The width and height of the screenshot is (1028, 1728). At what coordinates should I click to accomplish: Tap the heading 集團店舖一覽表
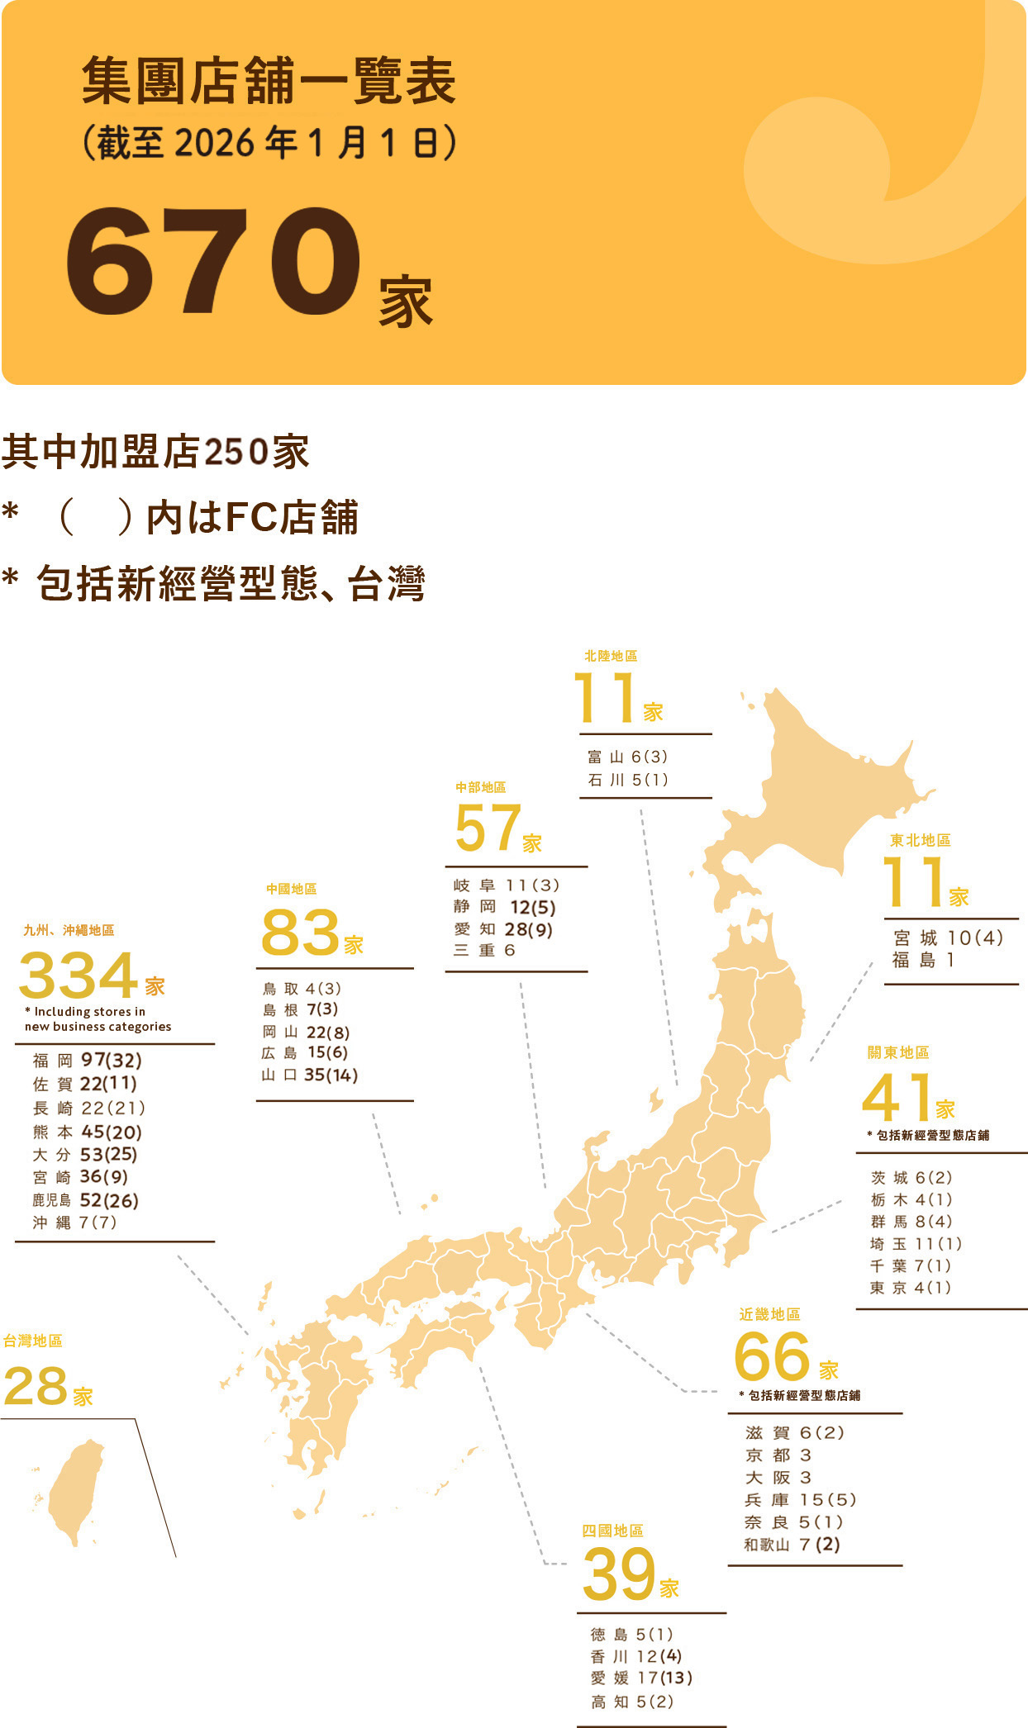click(x=269, y=82)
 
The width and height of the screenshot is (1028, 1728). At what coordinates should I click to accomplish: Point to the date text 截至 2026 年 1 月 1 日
click(x=269, y=143)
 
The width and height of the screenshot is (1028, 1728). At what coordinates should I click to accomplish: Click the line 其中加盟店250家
click(x=155, y=452)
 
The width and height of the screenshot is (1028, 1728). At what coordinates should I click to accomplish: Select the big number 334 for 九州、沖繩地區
click(x=78, y=976)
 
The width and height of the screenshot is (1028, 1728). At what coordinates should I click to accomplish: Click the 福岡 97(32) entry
click(x=87, y=1060)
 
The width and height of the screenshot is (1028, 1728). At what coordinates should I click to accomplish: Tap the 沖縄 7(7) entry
click(x=74, y=1222)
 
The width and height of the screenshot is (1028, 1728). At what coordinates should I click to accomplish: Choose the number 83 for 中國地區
click(x=300, y=933)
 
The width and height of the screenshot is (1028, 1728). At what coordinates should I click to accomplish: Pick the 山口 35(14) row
click(x=309, y=1075)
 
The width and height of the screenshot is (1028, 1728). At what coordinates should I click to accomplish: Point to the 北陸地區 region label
click(x=610, y=656)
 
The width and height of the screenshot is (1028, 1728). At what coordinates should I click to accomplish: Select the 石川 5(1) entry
click(x=627, y=780)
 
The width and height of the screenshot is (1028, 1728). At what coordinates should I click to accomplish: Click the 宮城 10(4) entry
click(x=948, y=938)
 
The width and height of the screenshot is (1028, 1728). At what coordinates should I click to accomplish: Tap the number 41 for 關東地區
click(x=897, y=1098)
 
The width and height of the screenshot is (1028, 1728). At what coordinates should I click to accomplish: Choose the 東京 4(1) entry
click(x=910, y=1288)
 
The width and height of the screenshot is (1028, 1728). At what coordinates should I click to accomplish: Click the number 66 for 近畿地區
click(x=772, y=1357)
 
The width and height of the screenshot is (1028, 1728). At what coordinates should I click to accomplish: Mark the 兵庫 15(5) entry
click(x=799, y=1500)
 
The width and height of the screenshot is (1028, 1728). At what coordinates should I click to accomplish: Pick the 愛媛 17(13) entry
click(x=641, y=1678)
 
